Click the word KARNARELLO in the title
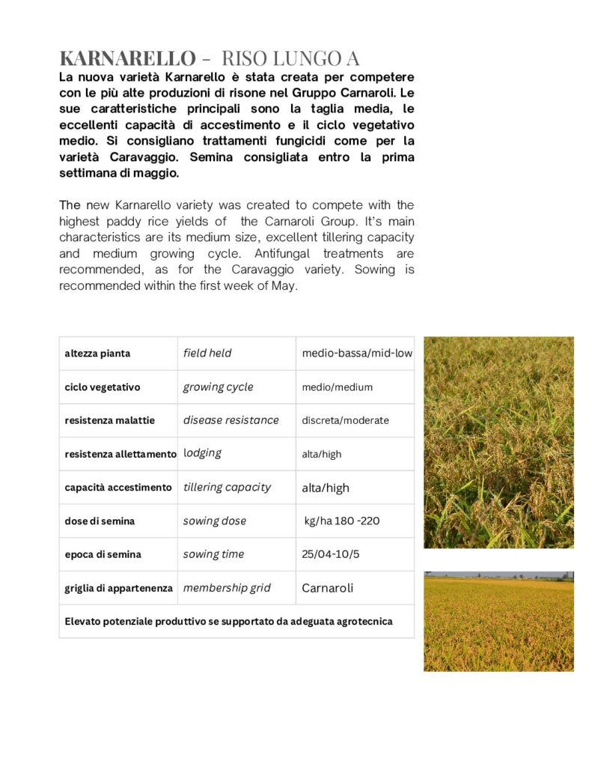tap(127, 58)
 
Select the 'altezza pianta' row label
tap(97, 353)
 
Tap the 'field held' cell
tap(207, 353)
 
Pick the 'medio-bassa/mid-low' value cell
tap(357, 353)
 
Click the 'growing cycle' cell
tap(218, 386)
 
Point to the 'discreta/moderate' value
tap(345, 420)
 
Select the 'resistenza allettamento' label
tap(120, 454)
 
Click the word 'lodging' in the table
tap(202, 453)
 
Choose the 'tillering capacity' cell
tap(227, 487)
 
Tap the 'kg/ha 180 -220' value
tap(342, 521)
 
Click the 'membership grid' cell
tap(227, 588)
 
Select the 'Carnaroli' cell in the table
tap(327, 588)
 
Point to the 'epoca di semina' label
tap(103, 554)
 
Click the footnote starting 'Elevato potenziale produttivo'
tap(228, 621)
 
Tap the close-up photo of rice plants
tap(498, 442)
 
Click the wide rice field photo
tap(498, 621)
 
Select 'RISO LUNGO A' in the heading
tap(290, 58)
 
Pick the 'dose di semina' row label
tap(100, 521)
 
